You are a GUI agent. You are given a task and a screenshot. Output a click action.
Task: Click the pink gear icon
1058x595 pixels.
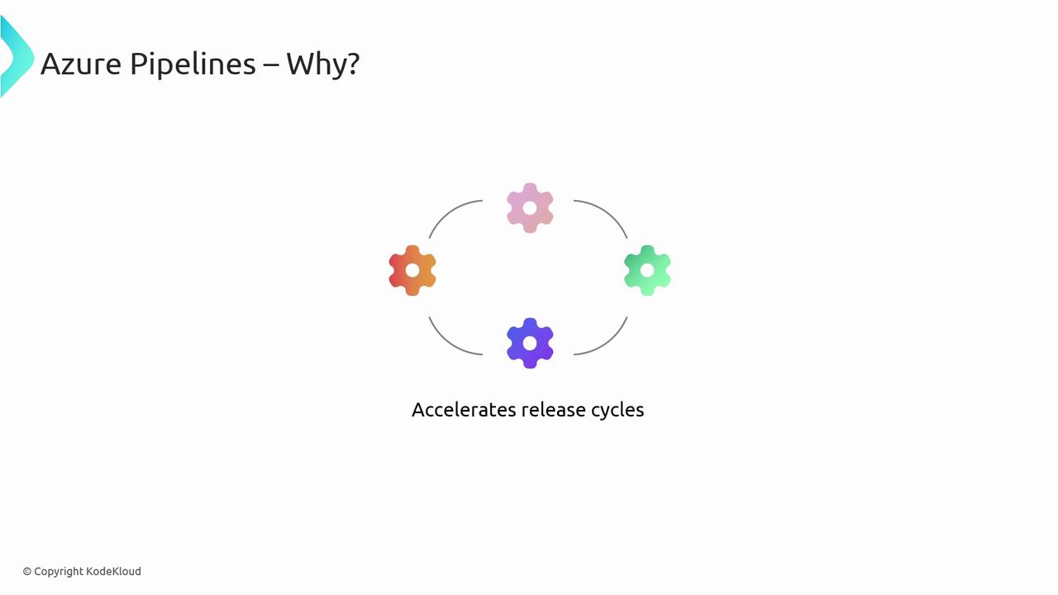pos(530,207)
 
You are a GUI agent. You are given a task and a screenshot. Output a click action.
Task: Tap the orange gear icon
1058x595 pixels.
pos(412,270)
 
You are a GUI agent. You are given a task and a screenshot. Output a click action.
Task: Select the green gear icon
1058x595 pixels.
pos(647,270)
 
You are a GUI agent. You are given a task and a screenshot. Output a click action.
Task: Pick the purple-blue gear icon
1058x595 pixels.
pos(530,343)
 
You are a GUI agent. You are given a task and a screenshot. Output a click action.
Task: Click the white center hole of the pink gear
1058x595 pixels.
pos(530,207)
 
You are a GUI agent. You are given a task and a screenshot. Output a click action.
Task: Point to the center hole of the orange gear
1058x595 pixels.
pos(412,270)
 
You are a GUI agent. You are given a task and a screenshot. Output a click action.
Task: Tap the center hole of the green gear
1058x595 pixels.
pos(647,270)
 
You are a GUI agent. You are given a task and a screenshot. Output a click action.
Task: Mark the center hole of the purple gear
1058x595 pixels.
pos(530,343)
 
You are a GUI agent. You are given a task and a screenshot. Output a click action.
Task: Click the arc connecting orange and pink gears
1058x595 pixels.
pos(449,212)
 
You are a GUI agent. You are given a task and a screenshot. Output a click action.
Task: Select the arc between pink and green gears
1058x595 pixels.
pos(608,212)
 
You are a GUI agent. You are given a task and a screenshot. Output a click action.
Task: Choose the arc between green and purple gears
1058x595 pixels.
pos(608,343)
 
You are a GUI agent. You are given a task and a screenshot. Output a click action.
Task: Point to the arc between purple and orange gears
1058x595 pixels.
pos(449,343)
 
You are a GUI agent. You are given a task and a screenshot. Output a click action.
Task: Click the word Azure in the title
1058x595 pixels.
pos(81,64)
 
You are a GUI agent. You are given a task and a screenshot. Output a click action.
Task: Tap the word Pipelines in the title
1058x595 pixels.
pos(193,64)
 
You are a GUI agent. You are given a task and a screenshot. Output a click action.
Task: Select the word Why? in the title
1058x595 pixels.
pos(323,64)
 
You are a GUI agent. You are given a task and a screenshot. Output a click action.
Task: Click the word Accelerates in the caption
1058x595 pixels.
pos(464,410)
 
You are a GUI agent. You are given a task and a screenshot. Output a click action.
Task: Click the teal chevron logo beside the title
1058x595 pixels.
pos(17,57)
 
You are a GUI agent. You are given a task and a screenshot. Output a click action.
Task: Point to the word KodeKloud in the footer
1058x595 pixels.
pos(113,571)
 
